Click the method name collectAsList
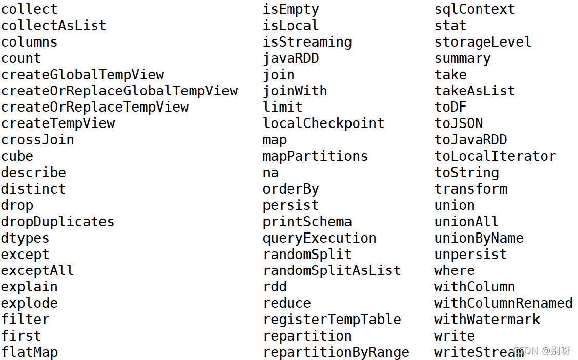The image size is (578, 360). pyautogui.click(x=53, y=26)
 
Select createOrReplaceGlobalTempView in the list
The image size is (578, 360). pyautogui.click(x=119, y=91)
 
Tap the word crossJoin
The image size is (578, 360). pyautogui.click(x=37, y=140)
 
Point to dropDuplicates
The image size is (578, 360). pyautogui.click(x=57, y=222)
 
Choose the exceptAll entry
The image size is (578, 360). pyautogui.click(x=37, y=271)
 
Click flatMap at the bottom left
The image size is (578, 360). pyautogui.click(x=30, y=352)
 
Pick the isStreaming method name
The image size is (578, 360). pyautogui.click(x=307, y=42)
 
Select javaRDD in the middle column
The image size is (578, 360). pyautogui.click(x=291, y=58)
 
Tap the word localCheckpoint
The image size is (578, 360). pyautogui.click(x=324, y=123)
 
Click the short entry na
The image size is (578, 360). pyautogui.click(x=271, y=173)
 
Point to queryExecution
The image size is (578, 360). pyautogui.click(x=320, y=239)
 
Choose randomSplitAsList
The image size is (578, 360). pyautogui.click(x=332, y=271)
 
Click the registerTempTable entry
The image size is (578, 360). pyautogui.click(x=332, y=320)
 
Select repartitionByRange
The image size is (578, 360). pyautogui.click(x=336, y=352)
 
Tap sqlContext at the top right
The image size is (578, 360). pyautogui.click(x=475, y=9)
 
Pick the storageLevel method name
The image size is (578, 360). pyautogui.click(x=483, y=42)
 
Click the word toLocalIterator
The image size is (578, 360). pyautogui.click(x=495, y=156)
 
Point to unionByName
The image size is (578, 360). pyautogui.click(x=479, y=239)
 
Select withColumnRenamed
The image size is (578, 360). pyautogui.click(x=503, y=303)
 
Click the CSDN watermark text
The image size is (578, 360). pyautogui.click(x=542, y=350)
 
